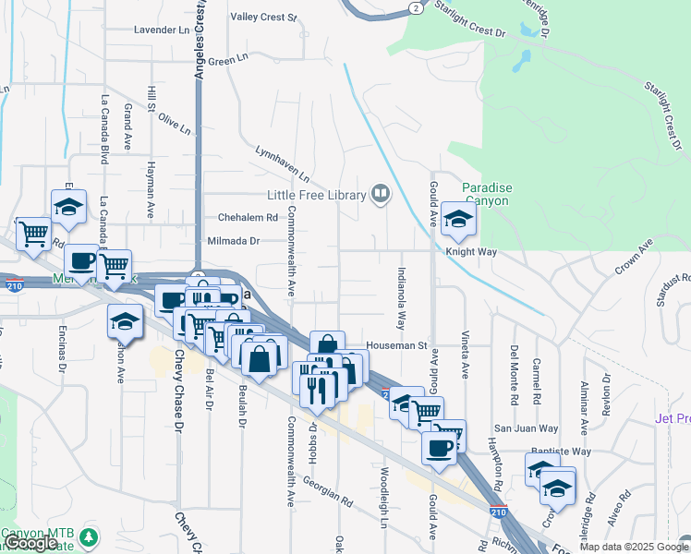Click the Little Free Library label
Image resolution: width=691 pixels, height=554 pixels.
click(317, 195)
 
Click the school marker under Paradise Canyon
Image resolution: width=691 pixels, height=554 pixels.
click(457, 219)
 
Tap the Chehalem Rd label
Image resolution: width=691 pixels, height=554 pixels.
click(248, 218)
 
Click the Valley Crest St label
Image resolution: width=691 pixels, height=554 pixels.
click(263, 18)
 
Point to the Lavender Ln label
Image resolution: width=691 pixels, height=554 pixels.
click(161, 30)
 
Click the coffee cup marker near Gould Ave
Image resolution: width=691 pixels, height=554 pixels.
click(439, 449)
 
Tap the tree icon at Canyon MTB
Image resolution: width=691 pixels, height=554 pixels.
click(89, 536)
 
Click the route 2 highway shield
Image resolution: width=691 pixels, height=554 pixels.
click(418, 8)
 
